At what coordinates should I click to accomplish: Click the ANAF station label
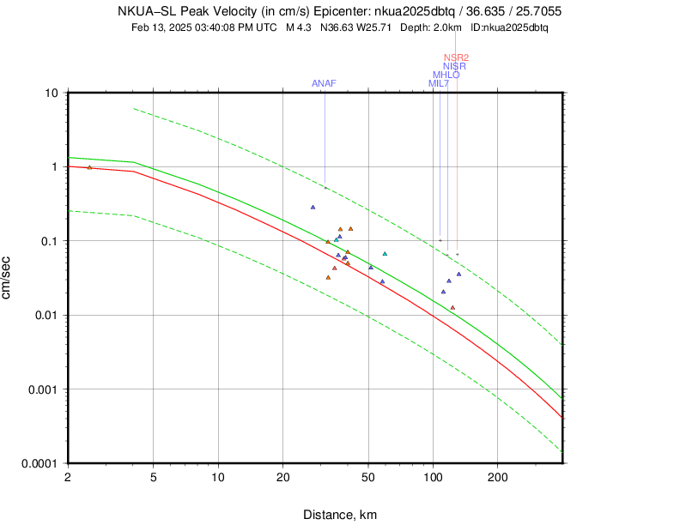(x=324, y=83)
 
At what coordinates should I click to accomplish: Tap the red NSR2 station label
(x=456, y=57)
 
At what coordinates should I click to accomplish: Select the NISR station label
(x=454, y=66)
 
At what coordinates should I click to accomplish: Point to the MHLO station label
(x=446, y=75)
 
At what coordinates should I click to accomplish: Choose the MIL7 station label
(x=438, y=83)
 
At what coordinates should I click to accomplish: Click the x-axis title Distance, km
(x=339, y=515)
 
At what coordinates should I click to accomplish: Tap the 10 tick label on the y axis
(x=51, y=93)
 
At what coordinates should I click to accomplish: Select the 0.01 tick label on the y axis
(x=45, y=315)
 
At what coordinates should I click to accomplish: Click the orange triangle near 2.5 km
(x=89, y=167)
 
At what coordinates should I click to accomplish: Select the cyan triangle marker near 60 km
(x=385, y=253)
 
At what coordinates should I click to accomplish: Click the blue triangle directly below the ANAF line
(x=313, y=207)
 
